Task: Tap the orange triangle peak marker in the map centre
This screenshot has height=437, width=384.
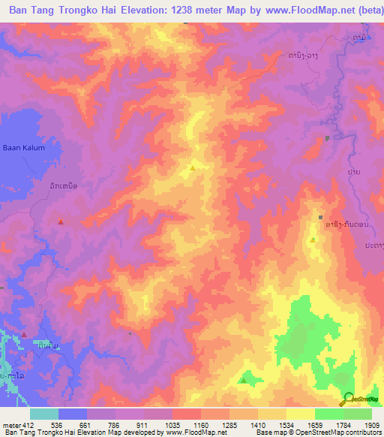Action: (193, 167)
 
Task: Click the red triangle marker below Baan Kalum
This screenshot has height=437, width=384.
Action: (61, 222)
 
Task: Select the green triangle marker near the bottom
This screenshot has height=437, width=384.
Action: (242, 381)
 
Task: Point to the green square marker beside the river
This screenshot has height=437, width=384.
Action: (328, 137)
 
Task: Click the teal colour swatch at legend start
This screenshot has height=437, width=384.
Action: (44, 414)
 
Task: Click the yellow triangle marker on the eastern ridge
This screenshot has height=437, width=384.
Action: (313, 240)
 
